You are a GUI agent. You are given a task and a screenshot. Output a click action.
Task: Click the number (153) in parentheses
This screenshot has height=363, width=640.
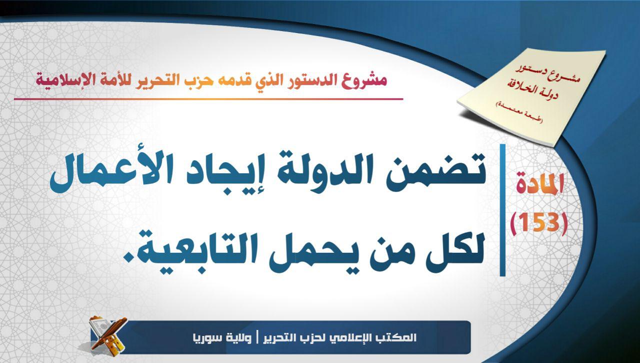tap(539, 222)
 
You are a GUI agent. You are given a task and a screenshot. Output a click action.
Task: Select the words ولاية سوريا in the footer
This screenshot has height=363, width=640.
tap(222, 338)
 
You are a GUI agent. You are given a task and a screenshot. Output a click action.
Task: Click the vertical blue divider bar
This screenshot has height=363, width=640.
tap(502, 210)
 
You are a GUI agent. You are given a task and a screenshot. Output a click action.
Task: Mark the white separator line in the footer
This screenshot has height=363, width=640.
tap(257, 338)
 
